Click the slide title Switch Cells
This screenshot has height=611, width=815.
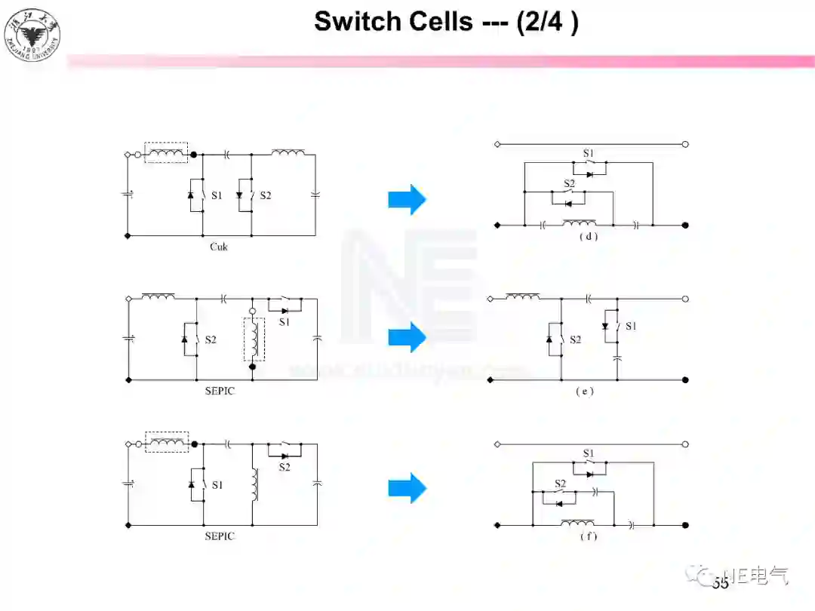click(446, 21)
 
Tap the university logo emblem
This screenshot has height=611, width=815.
click(32, 34)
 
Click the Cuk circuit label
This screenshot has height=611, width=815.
click(218, 247)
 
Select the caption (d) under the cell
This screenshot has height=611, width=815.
click(588, 236)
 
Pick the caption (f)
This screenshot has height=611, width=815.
click(588, 536)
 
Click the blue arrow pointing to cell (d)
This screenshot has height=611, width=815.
click(407, 199)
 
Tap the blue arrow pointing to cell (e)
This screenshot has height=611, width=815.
click(407, 336)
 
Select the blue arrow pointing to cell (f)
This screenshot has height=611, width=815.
click(407, 488)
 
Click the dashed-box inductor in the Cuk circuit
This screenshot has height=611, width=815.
click(166, 153)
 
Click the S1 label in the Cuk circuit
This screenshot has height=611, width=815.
click(217, 195)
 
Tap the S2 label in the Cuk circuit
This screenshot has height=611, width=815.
click(266, 195)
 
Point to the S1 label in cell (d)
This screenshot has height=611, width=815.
click(589, 154)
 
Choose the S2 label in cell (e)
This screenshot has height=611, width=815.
click(575, 340)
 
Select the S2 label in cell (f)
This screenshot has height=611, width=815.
click(561, 484)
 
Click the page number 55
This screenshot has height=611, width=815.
click(720, 583)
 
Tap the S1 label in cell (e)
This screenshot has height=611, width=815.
click(631, 326)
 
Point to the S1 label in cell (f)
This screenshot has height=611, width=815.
click(589, 453)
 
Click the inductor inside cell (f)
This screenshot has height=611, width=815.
click(577, 522)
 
